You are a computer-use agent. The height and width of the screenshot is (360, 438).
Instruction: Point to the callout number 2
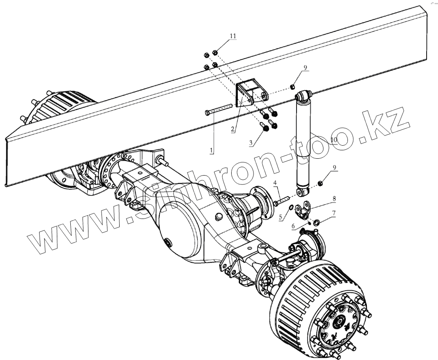click(x=232, y=129)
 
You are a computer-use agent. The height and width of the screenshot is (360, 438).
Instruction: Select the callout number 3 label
click(x=251, y=143)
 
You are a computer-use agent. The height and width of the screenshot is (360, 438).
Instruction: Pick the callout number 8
click(x=334, y=198)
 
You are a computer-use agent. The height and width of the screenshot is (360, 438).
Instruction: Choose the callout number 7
click(x=333, y=214)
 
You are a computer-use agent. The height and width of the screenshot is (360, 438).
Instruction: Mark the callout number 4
click(x=275, y=183)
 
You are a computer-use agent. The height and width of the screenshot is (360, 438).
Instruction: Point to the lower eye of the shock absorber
click(x=302, y=193)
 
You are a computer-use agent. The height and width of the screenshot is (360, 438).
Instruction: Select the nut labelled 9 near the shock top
click(x=291, y=87)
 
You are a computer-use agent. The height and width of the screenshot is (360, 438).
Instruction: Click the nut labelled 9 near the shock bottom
click(x=319, y=183)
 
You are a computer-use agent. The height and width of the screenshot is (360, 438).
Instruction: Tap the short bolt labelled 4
click(x=281, y=201)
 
